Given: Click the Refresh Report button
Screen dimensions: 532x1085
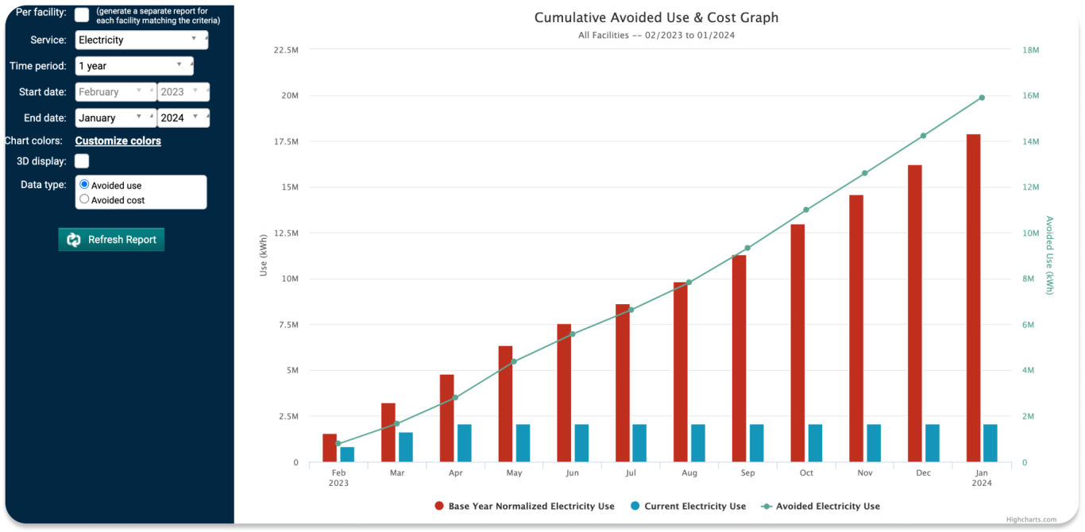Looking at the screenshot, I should tap(111, 240).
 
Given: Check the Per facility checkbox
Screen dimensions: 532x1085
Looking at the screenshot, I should tap(82, 14).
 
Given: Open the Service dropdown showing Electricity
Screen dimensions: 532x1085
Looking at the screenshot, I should tap(141, 40).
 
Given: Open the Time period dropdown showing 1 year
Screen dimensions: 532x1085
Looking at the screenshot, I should tap(134, 66).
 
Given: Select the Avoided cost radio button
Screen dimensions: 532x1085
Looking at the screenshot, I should tap(85, 199).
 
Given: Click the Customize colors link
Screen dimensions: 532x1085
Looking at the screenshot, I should tap(118, 141).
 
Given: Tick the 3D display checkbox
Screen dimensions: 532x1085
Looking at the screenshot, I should tap(82, 161).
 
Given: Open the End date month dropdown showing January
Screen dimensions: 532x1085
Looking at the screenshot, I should tap(115, 118).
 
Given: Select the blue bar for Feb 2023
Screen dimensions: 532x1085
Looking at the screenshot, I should tap(347, 454).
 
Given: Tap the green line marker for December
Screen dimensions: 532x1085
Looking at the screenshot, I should tap(923, 136).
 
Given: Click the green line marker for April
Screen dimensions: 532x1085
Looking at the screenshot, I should tap(455, 397).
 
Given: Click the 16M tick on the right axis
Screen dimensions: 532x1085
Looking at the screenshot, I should tap(1030, 96).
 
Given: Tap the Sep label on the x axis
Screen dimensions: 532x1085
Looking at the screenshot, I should tap(747, 473).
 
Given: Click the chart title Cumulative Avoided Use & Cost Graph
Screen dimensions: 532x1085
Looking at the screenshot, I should tap(656, 17).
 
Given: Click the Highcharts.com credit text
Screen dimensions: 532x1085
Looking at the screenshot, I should tap(1031, 519).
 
